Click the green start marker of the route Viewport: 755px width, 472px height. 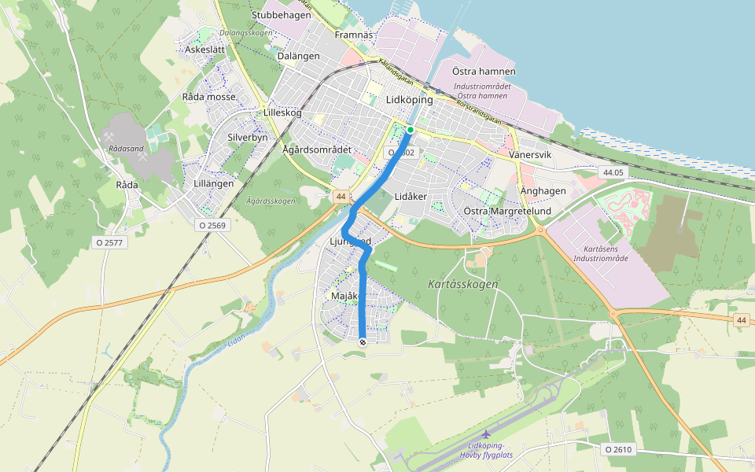[x=411, y=130]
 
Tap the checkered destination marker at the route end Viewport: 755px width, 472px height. [x=362, y=341]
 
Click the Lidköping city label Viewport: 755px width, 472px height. [x=410, y=101]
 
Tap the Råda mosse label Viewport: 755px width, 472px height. [x=208, y=97]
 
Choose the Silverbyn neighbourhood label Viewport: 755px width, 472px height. [x=248, y=136]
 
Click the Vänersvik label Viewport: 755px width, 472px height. [x=531, y=155]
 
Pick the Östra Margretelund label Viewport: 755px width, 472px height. [x=507, y=212]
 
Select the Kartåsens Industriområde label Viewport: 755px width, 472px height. [x=601, y=253]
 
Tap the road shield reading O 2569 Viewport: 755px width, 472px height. [x=212, y=225]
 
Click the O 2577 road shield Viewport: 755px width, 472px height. [x=109, y=242]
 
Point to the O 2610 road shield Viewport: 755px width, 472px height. [x=618, y=449]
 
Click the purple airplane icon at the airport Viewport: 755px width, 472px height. [x=485, y=433]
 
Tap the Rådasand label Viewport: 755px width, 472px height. [x=127, y=148]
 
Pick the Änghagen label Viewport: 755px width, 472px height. [x=543, y=191]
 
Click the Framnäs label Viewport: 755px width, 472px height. [x=352, y=35]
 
